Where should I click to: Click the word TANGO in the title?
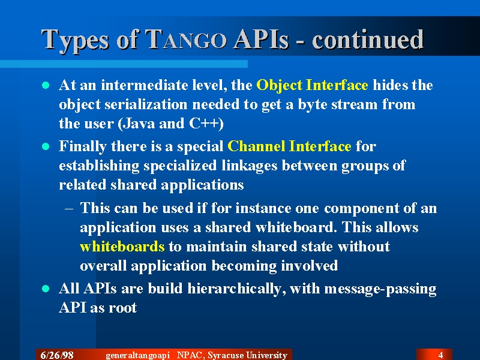[186, 39]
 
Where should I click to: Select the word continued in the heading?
[368, 39]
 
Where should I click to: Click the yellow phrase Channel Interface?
[289, 146]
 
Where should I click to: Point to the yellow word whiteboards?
[122, 247]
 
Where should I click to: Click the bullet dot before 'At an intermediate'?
[46, 85]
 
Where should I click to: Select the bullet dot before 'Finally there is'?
[46, 146]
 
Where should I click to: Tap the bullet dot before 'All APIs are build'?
[46, 289]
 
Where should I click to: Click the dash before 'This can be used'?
[69, 209]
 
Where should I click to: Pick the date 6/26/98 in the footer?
[57, 355]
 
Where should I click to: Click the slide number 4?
[440, 355]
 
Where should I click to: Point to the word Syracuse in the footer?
[225, 355]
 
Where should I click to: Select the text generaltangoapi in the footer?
[138, 355]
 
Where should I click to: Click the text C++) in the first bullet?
[206, 124]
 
